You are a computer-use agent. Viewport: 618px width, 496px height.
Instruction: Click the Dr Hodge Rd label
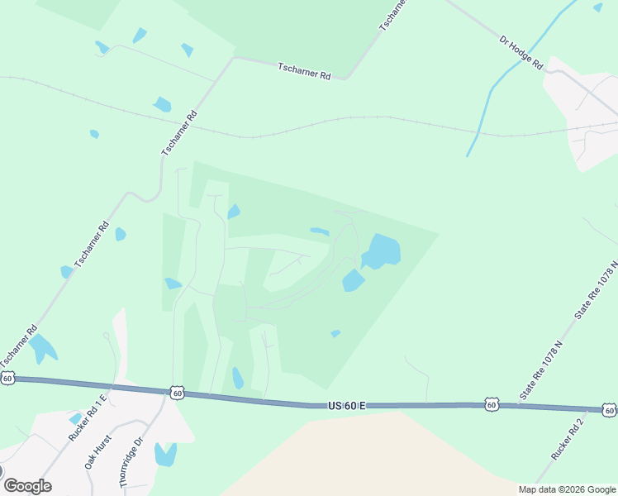(x=521, y=52)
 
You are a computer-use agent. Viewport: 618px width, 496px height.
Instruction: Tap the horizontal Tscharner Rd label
(x=304, y=72)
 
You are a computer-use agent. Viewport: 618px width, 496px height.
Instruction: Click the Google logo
(x=27, y=486)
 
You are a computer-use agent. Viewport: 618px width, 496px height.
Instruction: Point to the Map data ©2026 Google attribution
(x=566, y=489)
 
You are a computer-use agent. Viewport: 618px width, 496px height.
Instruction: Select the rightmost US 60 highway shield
(x=609, y=410)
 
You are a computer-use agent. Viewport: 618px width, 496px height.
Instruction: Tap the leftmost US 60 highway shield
(x=7, y=378)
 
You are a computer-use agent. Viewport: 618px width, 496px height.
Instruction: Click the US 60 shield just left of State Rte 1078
(x=492, y=404)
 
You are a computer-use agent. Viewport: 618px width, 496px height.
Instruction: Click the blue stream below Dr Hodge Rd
(x=487, y=100)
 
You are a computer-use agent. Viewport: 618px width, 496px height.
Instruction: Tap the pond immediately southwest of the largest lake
(x=353, y=281)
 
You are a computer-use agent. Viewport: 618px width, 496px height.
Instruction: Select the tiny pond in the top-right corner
(x=597, y=7)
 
